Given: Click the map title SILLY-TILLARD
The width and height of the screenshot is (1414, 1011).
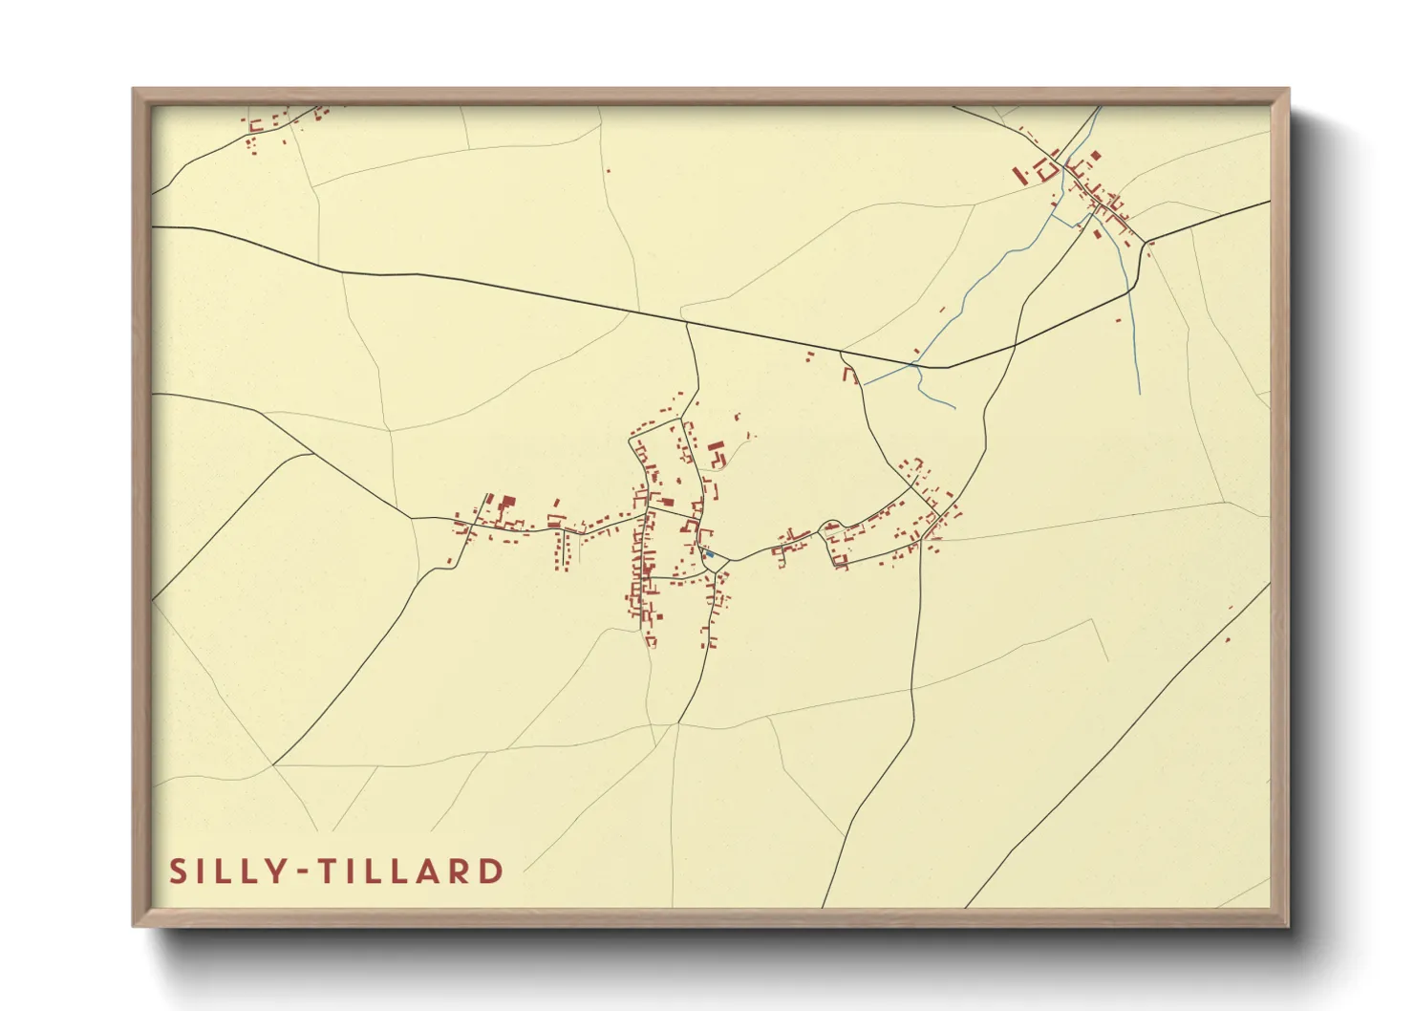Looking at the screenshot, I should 336,871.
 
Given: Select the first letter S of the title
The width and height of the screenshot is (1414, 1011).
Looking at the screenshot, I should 179,871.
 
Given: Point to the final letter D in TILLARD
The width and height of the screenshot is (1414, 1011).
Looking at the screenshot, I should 492,871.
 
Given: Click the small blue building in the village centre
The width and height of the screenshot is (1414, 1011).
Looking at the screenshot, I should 709,553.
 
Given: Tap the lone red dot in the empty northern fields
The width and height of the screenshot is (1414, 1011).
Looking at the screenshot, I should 608,172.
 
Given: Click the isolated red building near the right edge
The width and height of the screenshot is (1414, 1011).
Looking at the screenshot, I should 1228,640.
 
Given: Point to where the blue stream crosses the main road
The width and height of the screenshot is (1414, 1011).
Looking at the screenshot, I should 914,364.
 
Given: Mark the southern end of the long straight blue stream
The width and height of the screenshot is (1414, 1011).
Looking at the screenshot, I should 1140,392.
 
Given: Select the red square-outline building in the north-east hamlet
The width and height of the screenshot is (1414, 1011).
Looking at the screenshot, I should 1047,171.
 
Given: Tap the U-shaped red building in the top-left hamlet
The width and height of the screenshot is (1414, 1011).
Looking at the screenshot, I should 256,124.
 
